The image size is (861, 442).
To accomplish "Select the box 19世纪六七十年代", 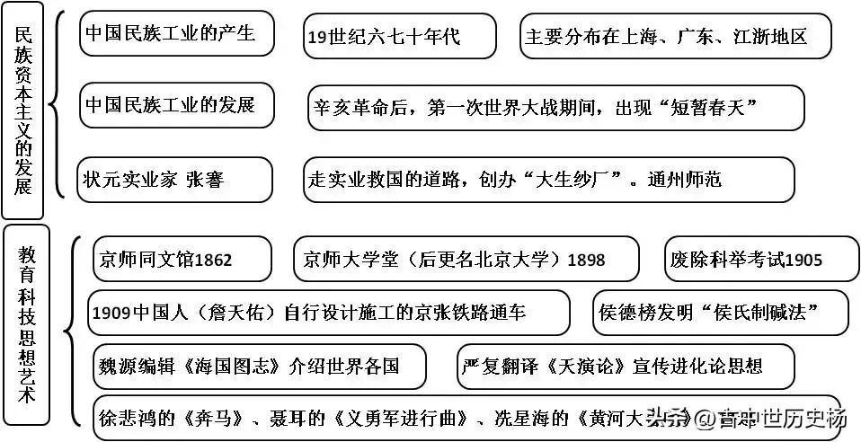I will [x=399, y=37].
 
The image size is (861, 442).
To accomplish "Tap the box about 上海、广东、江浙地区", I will [x=675, y=37].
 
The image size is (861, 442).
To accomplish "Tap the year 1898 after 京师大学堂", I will [x=586, y=261].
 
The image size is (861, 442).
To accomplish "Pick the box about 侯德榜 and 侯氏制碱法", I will [x=721, y=313].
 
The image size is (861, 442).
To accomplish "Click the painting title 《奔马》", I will [x=209, y=418].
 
